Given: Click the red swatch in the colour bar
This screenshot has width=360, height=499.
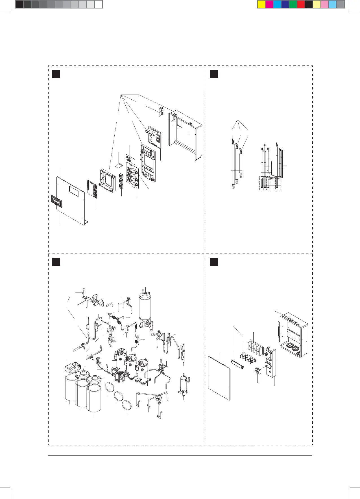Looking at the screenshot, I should pos(301,5).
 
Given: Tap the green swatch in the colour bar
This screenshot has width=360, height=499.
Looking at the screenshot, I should pos(293,5).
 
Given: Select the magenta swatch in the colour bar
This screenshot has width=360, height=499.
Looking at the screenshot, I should pos(269,5).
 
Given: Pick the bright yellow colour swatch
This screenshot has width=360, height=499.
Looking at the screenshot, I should pos(261,5).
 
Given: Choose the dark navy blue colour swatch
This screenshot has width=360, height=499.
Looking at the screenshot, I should pos(285,5).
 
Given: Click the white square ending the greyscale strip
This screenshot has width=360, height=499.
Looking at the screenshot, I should pos(98,5).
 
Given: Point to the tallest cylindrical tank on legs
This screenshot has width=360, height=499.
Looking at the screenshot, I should pos(145,308).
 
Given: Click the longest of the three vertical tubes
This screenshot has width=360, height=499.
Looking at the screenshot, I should pos(233,164).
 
